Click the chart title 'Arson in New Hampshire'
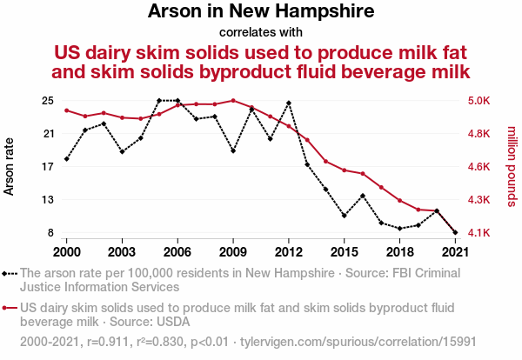[x=261, y=12]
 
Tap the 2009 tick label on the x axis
[x=233, y=251]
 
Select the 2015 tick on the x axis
[x=345, y=251]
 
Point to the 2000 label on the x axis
[x=66, y=251]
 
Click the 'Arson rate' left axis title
[x=11, y=166]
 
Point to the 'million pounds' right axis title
[x=511, y=166]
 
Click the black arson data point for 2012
[x=289, y=103]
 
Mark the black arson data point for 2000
[x=66, y=159]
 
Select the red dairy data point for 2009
[x=233, y=100]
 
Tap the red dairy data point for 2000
[x=66, y=110]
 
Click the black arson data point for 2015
[x=345, y=216]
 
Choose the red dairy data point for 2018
[x=400, y=201]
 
